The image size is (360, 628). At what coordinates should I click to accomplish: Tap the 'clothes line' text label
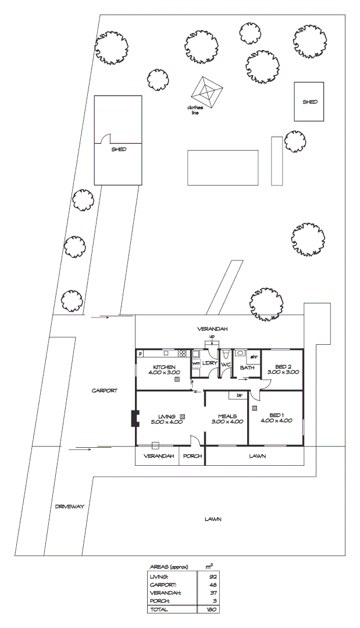(x=194, y=110)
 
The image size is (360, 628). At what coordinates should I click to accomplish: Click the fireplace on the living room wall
(x=135, y=419)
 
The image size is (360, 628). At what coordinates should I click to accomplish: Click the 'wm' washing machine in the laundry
(x=196, y=363)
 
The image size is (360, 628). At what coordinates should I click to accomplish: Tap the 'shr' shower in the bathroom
(x=254, y=356)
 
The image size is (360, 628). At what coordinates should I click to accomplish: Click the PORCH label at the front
(x=193, y=456)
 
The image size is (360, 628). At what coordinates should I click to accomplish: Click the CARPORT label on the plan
(x=105, y=391)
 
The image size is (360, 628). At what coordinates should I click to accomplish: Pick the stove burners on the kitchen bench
(x=183, y=353)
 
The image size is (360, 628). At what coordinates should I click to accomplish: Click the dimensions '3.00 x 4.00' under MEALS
(x=226, y=422)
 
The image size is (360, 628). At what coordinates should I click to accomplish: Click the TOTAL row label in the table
(x=159, y=609)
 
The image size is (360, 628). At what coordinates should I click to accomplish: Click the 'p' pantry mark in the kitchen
(x=140, y=354)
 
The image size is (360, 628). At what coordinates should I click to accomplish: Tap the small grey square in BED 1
(x=255, y=408)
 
